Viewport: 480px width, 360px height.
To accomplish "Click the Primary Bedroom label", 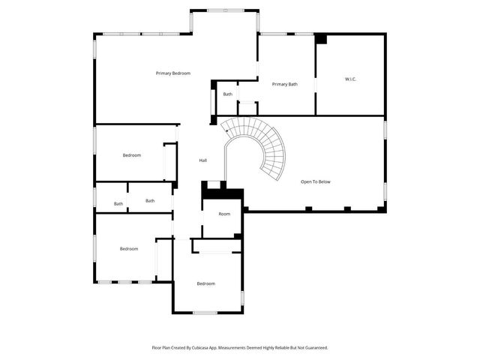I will click(172, 73).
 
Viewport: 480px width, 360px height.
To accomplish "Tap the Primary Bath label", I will click(284, 84).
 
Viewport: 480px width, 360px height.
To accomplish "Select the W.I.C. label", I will click(350, 79).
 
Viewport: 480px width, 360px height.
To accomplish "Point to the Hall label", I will click(202, 160).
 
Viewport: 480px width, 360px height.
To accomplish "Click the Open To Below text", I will click(315, 181).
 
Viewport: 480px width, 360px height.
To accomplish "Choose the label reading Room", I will click(224, 214).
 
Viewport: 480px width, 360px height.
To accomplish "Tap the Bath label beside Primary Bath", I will click(227, 94).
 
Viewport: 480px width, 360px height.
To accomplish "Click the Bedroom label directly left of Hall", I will click(131, 155).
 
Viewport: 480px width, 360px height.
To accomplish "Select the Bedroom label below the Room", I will click(205, 283).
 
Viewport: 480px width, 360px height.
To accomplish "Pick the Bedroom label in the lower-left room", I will click(128, 249).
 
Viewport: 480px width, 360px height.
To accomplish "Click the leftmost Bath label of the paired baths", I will click(118, 204).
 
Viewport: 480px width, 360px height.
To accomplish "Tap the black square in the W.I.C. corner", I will click(321, 38).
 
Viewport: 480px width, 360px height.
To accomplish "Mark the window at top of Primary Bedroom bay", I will click(225, 10).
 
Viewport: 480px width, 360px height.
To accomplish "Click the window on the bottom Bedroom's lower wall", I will click(205, 312).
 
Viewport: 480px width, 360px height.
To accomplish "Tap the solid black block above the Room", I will click(221, 193).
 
